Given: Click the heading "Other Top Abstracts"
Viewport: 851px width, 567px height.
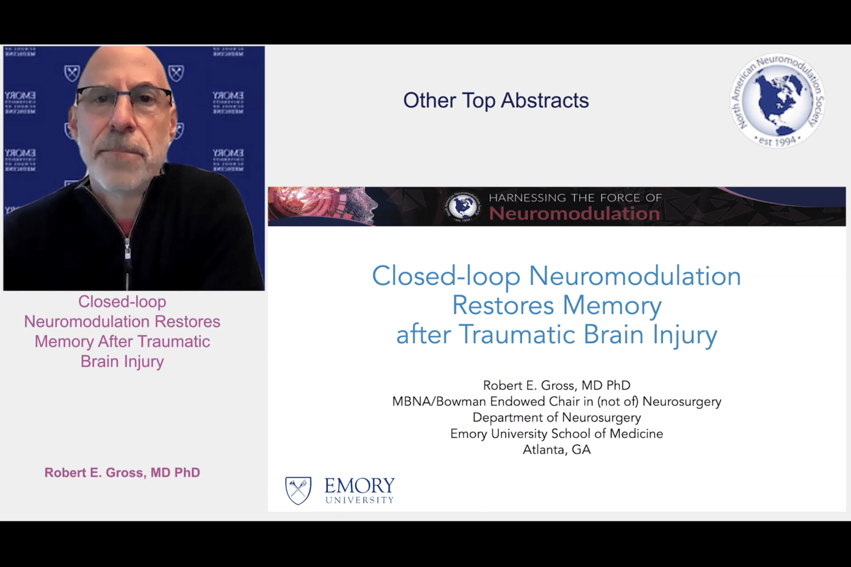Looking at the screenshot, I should (x=496, y=101).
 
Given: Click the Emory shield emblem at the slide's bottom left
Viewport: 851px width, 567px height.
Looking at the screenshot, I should (x=298, y=490).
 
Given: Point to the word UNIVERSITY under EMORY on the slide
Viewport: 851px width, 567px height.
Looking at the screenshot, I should (x=359, y=500).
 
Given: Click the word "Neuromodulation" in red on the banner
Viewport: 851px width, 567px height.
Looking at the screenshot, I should (x=574, y=214).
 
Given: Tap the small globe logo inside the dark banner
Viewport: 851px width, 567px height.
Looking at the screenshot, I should (x=463, y=206).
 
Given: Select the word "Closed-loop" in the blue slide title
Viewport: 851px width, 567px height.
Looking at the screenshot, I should (x=446, y=276).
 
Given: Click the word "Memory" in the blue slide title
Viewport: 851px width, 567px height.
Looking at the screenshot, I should (x=612, y=305).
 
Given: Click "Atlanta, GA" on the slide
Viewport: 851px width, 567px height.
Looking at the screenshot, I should (x=556, y=449).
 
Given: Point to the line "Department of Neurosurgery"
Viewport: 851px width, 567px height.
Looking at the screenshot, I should (x=556, y=417).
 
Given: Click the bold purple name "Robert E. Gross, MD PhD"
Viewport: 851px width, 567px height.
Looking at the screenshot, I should (x=122, y=473).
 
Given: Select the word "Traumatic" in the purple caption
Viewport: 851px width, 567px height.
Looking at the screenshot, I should (x=174, y=341).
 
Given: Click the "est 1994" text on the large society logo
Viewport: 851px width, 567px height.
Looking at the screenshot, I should (x=777, y=141).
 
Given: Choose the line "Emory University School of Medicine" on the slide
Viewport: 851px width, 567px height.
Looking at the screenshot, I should (x=556, y=434).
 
